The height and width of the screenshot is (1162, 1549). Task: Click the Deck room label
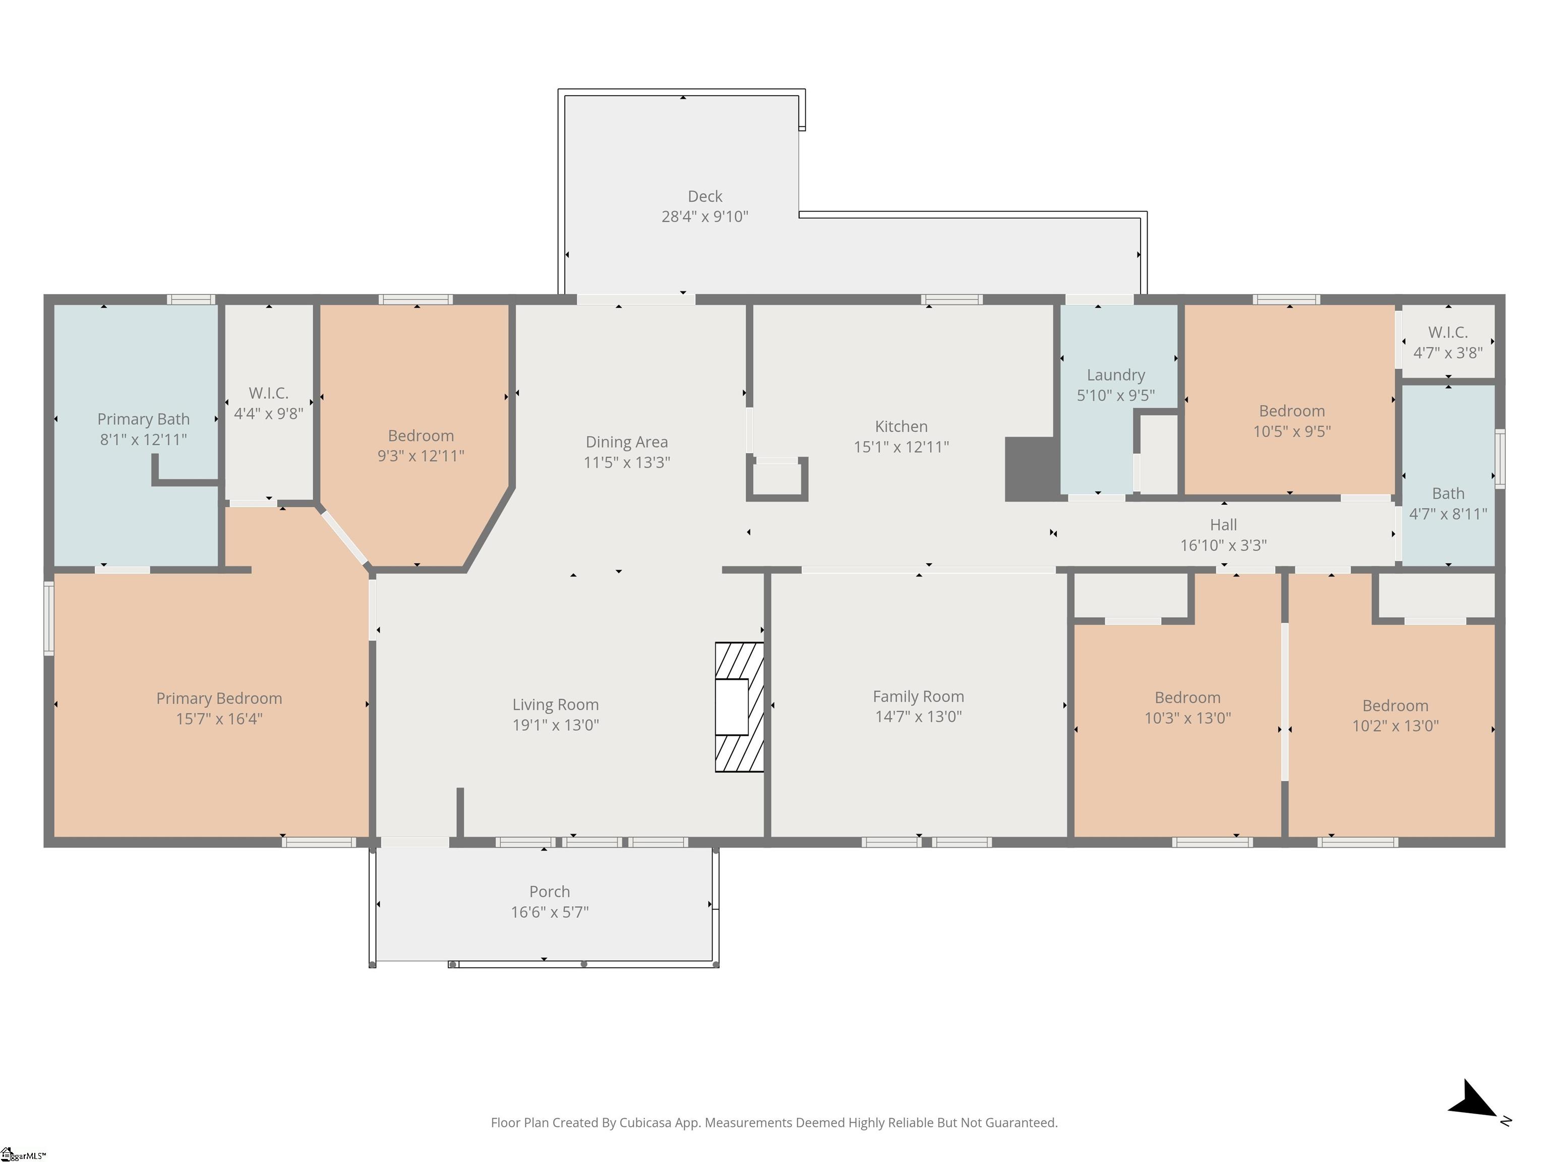click(x=704, y=197)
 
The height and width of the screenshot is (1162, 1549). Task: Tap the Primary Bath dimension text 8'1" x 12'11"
click(x=144, y=440)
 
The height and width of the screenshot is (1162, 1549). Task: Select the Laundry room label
click(x=1115, y=375)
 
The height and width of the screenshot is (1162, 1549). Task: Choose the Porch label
click(x=550, y=892)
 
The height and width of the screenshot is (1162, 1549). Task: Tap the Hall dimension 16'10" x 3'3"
click(x=1223, y=545)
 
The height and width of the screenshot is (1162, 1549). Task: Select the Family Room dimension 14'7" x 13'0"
click(x=918, y=717)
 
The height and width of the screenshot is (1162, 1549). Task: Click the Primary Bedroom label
click(x=219, y=699)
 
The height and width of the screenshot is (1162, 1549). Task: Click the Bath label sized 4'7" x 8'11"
click(x=1448, y=494)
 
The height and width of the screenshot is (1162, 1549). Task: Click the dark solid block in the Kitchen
click(x=1030, y=469)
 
